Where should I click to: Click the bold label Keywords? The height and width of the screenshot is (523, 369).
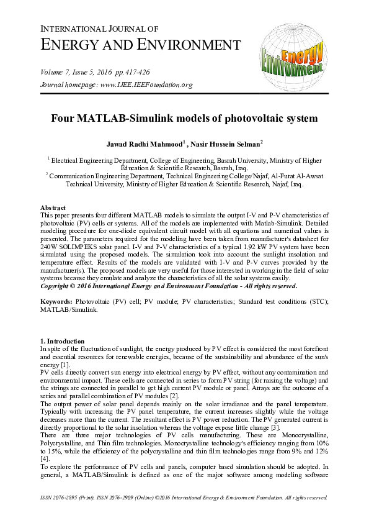point(56,301)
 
